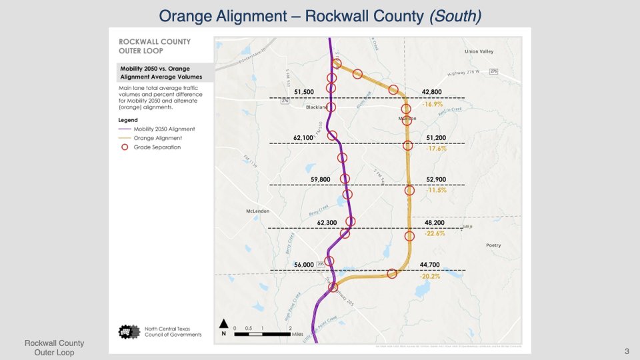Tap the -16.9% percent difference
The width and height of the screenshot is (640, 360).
[x=432, y=104]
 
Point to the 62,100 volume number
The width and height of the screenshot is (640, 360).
[x=303, y=137]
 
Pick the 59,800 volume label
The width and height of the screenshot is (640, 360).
[x=319, y=179]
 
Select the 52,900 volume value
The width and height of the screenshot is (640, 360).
[x=435, y=179]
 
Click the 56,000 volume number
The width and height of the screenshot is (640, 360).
[x=303, y=265]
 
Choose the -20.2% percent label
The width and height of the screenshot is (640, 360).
[x=431, y=276]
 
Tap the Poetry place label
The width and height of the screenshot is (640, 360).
[x=493, y=245]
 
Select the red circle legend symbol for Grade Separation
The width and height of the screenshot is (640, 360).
[x=122, y=147]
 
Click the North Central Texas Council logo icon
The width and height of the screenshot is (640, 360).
[x=127, y=331]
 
